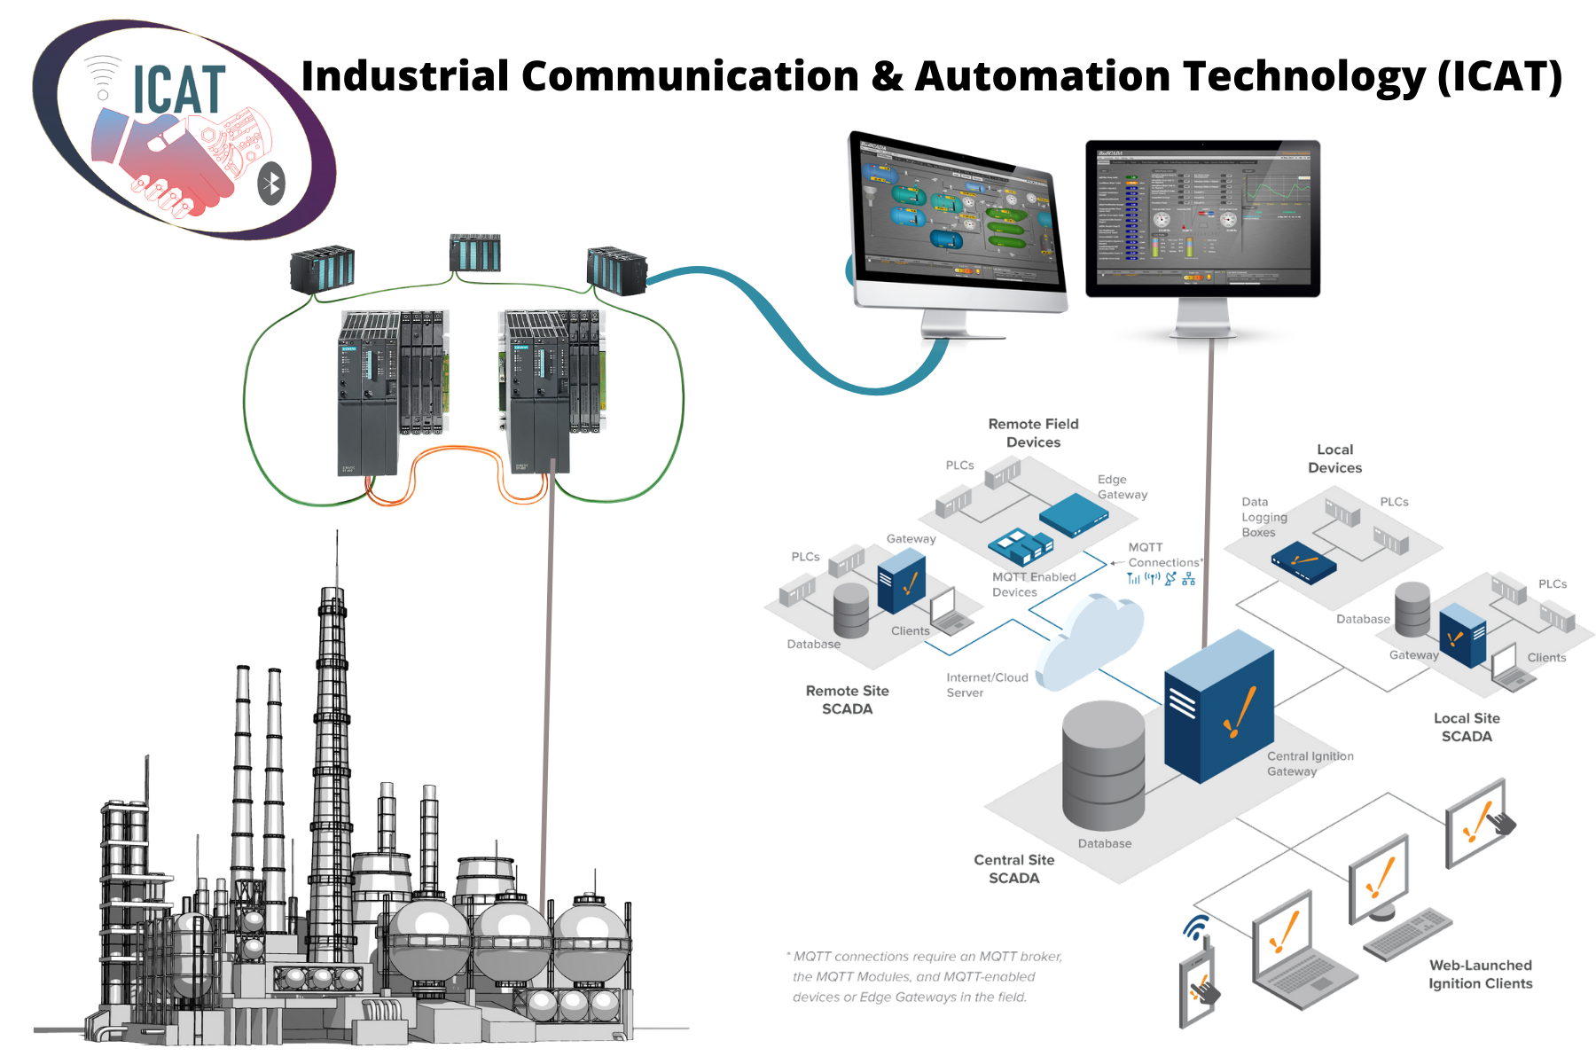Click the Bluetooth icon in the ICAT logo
(x=271, y=184)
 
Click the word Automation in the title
(x=1041, y=76)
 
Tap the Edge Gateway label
(x=1122, y=487)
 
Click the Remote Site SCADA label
(x=847, y=700)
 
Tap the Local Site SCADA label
(x=1467, y=727)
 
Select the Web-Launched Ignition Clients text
(x=1480, y=974)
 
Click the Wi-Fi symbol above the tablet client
(x=1196, y=927)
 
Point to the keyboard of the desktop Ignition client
(x=1406, y=934)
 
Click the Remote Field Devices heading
(x=1033, y=433)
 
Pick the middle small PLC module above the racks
(x=474, y=254)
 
